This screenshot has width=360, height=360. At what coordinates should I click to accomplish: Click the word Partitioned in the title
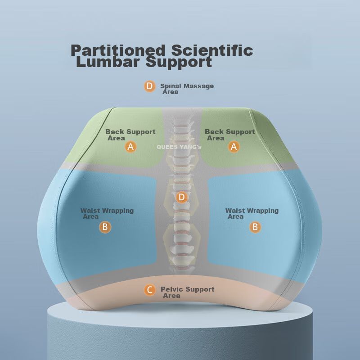(x=118, y=50)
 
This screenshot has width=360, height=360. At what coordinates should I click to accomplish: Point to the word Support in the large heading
(x=179, y=62)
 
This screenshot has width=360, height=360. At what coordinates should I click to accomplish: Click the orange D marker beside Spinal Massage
(x=150, y=86)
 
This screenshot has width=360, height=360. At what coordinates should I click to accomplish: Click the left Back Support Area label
(x=130, y=135)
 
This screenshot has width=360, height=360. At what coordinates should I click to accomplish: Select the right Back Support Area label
(x=229, y=135)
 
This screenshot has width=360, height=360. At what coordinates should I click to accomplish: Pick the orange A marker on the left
(x=130, y=147)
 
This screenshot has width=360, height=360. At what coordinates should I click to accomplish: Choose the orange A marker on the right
(x=234, y=147)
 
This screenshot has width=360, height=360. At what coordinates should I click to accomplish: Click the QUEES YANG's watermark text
(x=179, y=147)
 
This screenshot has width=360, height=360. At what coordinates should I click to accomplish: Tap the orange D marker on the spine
(x=181, y=197)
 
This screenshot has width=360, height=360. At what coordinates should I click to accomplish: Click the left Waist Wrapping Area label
(x=107, y=213)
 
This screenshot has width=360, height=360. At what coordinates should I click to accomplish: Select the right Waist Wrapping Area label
(x=252, y=213)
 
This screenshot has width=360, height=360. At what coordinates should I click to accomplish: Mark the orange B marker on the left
(x=105, y=227)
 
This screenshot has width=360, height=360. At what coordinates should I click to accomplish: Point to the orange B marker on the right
(x=255, y=227)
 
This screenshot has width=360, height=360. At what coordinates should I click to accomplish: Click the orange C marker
(x=150, y=290)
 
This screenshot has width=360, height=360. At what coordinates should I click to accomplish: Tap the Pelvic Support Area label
(x=187, y=292)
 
